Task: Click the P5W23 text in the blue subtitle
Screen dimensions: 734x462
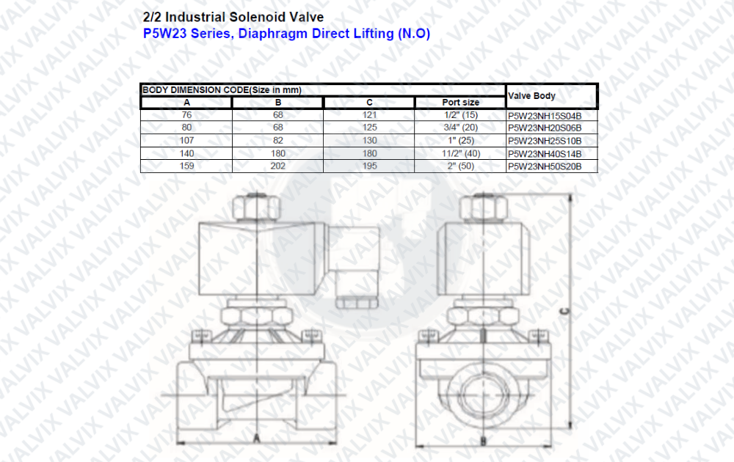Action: click(164, 34)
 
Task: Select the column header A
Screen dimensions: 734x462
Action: click(186, 103)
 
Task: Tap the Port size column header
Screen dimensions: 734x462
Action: click(461, 103)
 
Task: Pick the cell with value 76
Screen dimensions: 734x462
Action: click(186, 115)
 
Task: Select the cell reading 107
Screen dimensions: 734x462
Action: click(186, 140)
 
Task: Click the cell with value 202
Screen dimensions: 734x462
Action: click(278, 166)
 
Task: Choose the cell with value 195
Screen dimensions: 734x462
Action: click(369, 166)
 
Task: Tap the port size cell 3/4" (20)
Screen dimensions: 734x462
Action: click(461, 128)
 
